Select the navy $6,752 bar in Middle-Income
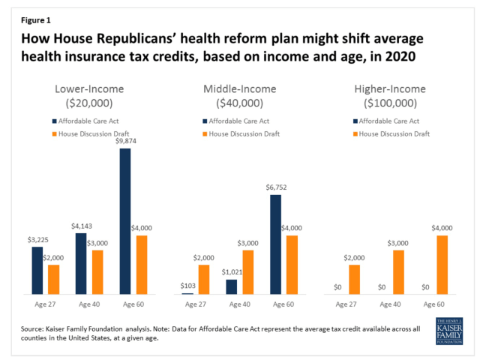pos(275,244)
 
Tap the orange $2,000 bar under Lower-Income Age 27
pos(53,279)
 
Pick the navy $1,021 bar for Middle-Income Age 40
pos(231,286)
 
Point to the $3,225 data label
pos(37,239)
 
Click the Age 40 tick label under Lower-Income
pos(89,304)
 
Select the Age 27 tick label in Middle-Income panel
pos(194,304)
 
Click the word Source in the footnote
pos(33,328)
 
